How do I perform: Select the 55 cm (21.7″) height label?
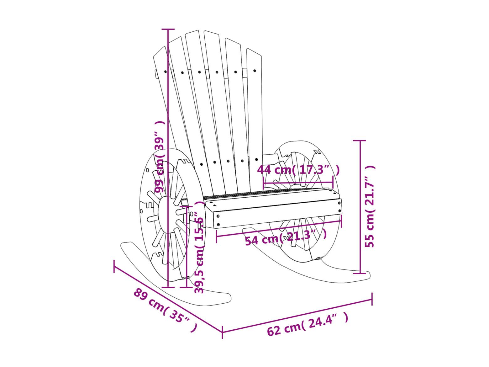[x=370, y=206]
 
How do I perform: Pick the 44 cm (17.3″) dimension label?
[x=298, y=170]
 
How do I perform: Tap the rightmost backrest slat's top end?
[x=254, y=51]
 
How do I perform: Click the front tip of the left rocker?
[x=229, y=297]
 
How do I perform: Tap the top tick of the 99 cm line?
[x=168, y=29]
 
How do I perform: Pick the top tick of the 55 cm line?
[x=360, y=141]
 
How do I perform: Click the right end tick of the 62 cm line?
[x=372, y=299]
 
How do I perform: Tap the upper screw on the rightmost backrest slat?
[x=255, y=71]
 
